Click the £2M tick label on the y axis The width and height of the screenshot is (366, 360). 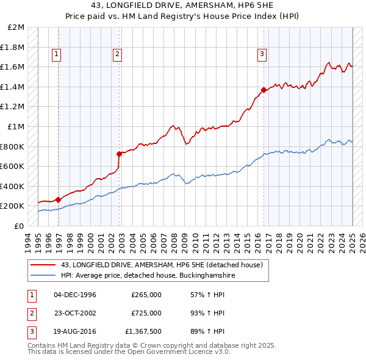pyautogui.click(x=16, y=27)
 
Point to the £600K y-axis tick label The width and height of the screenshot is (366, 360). pyautogui.click(x=13, y=166)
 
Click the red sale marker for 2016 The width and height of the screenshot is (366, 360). pyautogui.click(x=264, y=90)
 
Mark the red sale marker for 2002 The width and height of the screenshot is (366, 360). pyautogui.click(x=119, y=154)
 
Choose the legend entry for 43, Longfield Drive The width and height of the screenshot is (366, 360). pyautogui.click(x=162, y=265)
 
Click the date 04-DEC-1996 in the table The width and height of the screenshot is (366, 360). pyautogui.click(x=75, y=295)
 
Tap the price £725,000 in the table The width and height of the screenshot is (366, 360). pyautogui.click(x=146, y=313)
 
